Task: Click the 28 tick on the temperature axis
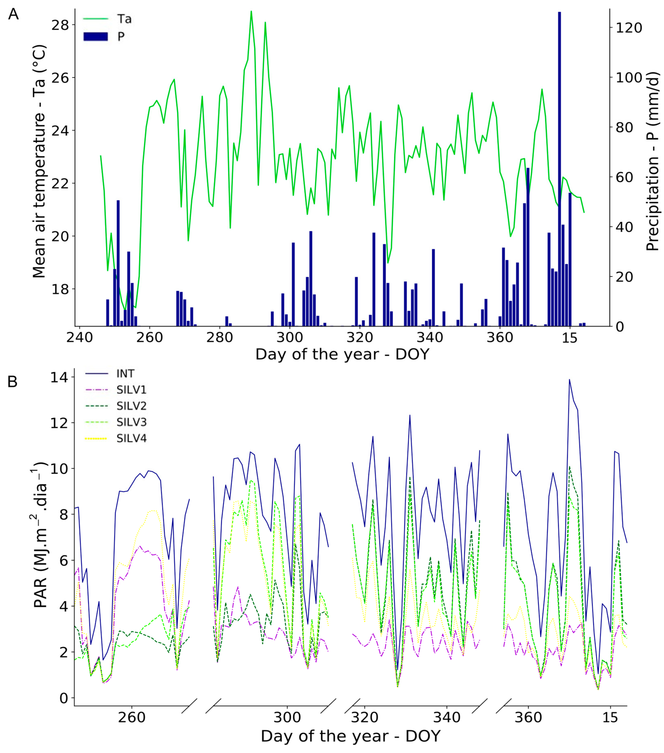click(60, 25)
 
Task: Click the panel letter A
click(13, 15)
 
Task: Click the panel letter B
click(12, 382)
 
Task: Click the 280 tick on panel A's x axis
click(219, 337)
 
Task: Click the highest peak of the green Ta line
click(251, 11)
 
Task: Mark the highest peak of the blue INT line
click(569, 379)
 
